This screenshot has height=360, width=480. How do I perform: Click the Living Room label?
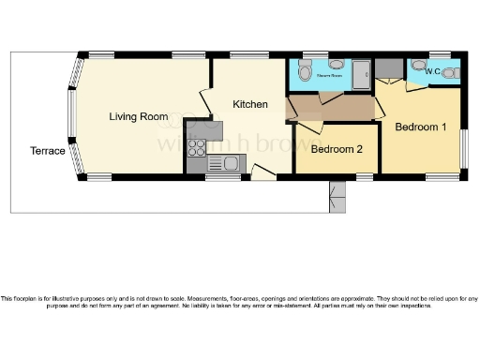pyautogui.click(x=139, y=117)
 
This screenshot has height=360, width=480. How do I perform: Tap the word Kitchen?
pyautogui.click(x=250, y=104)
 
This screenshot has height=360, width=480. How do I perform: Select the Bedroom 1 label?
pyautogui.click(x=420, y=127)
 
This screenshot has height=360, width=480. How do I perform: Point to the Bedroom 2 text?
pyautogui.click(x=337, y=149)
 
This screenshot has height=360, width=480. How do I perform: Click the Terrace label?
pyautogui.click(x=48, y=150)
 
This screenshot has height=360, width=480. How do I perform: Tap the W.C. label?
pyautogui.click(x=432, y=70)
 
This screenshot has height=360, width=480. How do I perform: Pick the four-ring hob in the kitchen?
pyautogui.click(x=197, y=148)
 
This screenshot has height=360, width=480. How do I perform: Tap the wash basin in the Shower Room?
pyautogui.click(x=335, y=64)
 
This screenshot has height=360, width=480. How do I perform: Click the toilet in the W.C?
pyautogui.click(x=451, y=72)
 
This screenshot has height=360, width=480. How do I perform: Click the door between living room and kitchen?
pyautogui.click(x=205, y=100)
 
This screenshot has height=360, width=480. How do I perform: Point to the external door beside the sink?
pyautogui.click(x=263, y=170)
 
